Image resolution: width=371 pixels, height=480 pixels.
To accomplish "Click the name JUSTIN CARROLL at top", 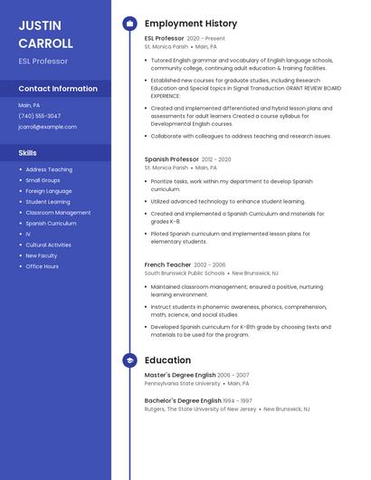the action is coord(45,34).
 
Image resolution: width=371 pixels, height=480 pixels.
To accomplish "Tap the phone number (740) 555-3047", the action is coord(40,116).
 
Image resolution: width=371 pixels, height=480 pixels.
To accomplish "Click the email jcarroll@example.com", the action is coord(47,127).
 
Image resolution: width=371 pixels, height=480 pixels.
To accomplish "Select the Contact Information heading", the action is coord(58,89).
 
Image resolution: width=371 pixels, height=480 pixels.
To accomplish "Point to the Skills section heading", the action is coord(27,153).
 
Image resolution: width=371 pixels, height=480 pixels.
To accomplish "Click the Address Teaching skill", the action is coord(49,169).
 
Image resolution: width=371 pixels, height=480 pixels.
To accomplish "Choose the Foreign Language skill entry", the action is coord(48,191).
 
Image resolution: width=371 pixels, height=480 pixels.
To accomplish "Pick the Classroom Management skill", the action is coord(58,213).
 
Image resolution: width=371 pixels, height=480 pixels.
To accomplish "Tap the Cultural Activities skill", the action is coord(48,245).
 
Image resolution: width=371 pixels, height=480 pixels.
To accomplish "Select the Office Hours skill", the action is coord(42,266).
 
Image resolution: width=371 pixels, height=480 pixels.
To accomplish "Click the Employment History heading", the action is coord(191,24).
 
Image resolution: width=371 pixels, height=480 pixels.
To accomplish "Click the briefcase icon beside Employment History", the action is coord(129,24).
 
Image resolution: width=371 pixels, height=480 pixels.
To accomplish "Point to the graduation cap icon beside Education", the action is coord(129,360).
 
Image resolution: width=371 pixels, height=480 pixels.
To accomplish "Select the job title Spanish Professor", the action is coord(171,159).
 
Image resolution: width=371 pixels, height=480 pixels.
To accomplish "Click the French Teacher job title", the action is coord(167,264).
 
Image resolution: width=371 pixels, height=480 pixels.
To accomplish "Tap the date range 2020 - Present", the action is coord(206,39).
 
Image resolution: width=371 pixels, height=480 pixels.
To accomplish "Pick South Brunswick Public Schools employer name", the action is coord(185,273).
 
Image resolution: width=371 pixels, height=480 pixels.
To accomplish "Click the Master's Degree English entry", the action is coord(180,375).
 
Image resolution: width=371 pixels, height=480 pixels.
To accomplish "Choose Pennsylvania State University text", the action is coord(182,383).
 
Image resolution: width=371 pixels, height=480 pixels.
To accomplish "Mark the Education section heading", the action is coord(167,360).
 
